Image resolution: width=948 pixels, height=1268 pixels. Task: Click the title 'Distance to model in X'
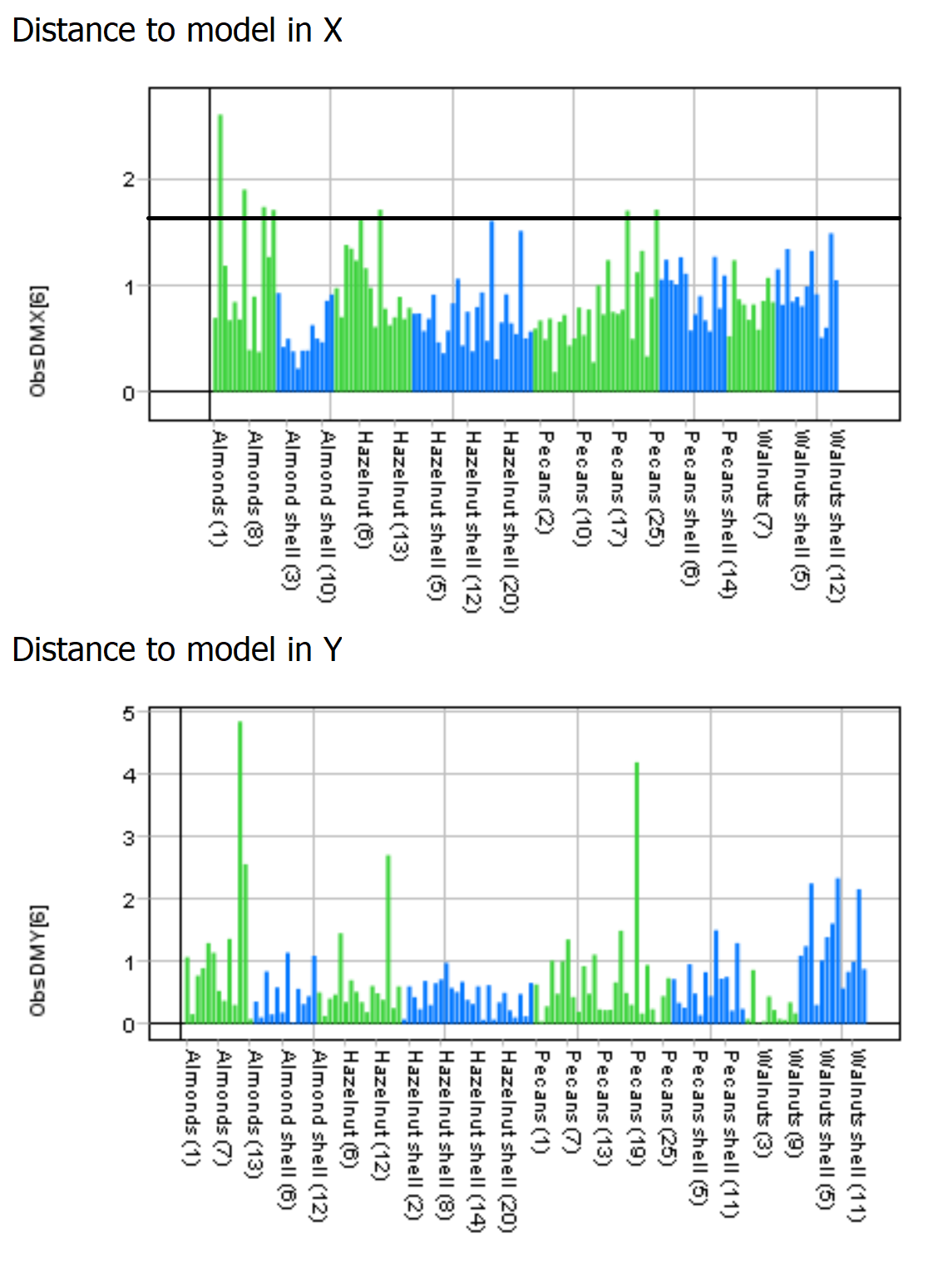177,31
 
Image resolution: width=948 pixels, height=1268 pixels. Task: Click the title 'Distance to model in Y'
177,649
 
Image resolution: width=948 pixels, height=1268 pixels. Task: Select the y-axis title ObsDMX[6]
38,341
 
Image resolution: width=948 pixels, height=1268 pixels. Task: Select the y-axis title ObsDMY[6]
38,960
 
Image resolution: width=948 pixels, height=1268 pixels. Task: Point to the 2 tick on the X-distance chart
128,180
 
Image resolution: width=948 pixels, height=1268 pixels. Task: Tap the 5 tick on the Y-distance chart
128,713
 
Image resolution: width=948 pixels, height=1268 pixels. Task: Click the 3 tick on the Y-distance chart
128,837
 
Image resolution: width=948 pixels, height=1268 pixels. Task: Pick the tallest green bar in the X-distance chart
220,249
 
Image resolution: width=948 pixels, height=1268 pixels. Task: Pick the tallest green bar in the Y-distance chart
240,873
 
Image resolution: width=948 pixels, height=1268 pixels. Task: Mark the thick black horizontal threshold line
524,218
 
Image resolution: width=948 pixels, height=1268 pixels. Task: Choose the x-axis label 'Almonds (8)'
255,488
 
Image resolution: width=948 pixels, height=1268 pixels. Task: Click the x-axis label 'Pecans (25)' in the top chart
656,488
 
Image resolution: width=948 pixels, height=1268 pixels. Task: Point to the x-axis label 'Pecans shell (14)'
728,513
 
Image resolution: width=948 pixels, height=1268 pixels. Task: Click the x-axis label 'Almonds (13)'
253,1113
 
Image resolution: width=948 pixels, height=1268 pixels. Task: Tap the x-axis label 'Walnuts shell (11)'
857,1135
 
